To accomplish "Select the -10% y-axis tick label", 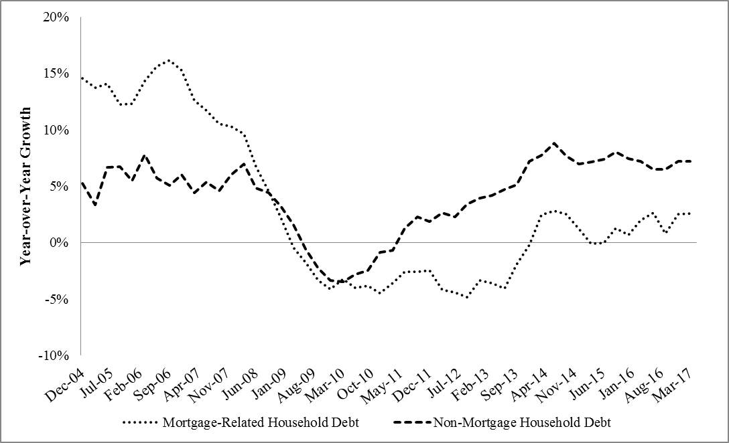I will click(56, 355).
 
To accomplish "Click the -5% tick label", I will click(59, 298).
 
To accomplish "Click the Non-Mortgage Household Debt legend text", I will click(522, 422).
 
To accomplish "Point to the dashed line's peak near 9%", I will click(553, 143).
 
